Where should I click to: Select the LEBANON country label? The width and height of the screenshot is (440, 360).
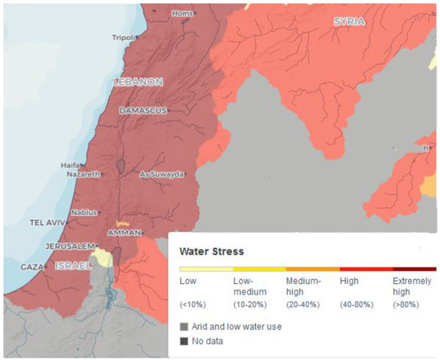tap(138, 82)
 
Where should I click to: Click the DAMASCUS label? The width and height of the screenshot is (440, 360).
tap(142, 110)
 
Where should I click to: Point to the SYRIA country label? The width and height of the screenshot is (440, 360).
tap(349, 22)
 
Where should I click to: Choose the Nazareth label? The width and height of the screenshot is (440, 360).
tap(81, 174)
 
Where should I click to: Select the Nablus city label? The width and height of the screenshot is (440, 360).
tap(83, 212)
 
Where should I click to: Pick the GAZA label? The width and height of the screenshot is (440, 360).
tap(32, 266)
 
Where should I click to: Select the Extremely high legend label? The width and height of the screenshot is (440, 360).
tap(413, 286)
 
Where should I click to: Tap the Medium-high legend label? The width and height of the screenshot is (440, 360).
tap(303, 286)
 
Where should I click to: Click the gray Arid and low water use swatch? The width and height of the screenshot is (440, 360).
tap(184, 326)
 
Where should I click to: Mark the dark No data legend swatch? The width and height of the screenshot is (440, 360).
tap(184, 341)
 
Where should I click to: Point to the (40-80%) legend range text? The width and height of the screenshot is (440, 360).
tap(357, 306)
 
